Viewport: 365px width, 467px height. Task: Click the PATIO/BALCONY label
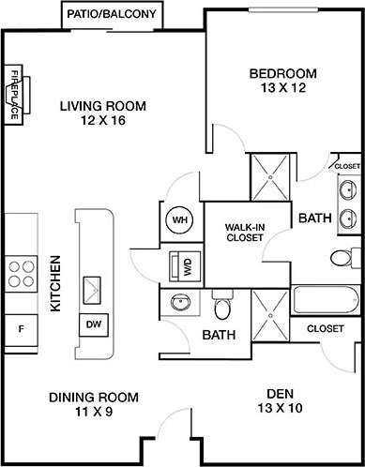(113, 15)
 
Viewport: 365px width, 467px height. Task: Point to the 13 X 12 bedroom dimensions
(282, 88)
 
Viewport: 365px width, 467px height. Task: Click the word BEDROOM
(282, 73)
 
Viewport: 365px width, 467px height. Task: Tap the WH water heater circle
(180, 220)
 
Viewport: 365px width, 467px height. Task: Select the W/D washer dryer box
(181, 265)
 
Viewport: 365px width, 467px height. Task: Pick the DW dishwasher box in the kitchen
(94, 324)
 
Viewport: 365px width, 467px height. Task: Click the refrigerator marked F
(21, 328)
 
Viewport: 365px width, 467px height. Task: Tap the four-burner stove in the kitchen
(21, 273)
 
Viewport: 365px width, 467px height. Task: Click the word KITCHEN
(55, 283)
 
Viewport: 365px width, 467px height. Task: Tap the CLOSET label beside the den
(325, 329)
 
